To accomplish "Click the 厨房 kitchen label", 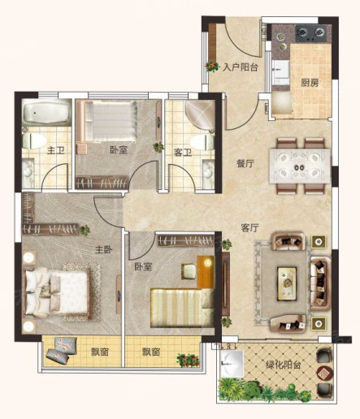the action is coord(310,83).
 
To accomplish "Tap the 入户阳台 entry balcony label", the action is coord(240,67).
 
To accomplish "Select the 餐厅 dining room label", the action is coord(245,163).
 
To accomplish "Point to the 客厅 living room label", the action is coord(249,228).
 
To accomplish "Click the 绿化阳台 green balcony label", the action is coord(283,365).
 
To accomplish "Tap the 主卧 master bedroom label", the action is coord(104,249).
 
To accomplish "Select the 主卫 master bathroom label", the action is coord(56,150).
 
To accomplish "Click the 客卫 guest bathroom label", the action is coord(183,153).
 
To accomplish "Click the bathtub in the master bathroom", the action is coord(46,112).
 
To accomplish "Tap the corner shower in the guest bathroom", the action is coord(200,114).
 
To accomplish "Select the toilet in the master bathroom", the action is coord(34,140).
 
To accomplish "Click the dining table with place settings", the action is coord(300,166).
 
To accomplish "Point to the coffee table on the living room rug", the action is coord(287,283).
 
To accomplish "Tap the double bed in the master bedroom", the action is coord(58,292).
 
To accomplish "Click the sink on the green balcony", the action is coord(232,364).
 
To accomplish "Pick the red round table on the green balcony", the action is coord(324,374).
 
